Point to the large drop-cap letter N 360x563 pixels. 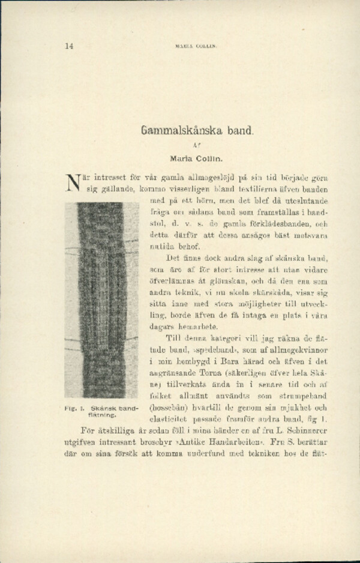coord(73,184)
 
